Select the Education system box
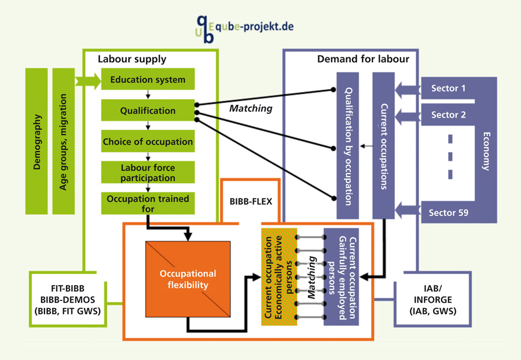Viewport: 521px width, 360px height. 148,80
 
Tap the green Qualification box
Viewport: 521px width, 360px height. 148,111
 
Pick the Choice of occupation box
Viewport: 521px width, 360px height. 148,141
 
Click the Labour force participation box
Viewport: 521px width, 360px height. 148,172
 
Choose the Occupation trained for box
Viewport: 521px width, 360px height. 148,203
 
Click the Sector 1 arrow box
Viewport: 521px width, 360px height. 449,89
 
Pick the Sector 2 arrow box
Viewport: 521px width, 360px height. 449,115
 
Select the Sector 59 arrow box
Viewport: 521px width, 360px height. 449,212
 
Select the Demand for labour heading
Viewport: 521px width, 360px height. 363,59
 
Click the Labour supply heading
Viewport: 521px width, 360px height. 132,59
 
